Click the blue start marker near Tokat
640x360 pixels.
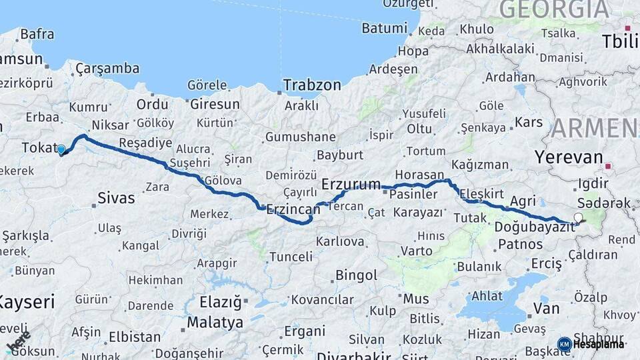[61, 150]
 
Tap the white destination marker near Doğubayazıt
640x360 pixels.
[578, 217]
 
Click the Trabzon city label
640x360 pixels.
[312, 85]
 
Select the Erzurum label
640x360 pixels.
[351, 183]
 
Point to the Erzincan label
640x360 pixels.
[293, 209]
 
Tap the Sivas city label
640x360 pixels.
[116, 197]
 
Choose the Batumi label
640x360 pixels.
[384, 28]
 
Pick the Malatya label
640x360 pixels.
[215, 323]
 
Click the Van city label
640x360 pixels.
[546, 308]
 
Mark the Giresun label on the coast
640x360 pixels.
[215, 104]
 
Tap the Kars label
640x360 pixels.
[530, 123]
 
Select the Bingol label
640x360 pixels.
[356, 275]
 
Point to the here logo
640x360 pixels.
[18, 341]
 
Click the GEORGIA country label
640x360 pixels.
[553, 9]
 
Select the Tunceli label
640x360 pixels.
[291, 256]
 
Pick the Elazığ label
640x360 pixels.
[221, 302]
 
